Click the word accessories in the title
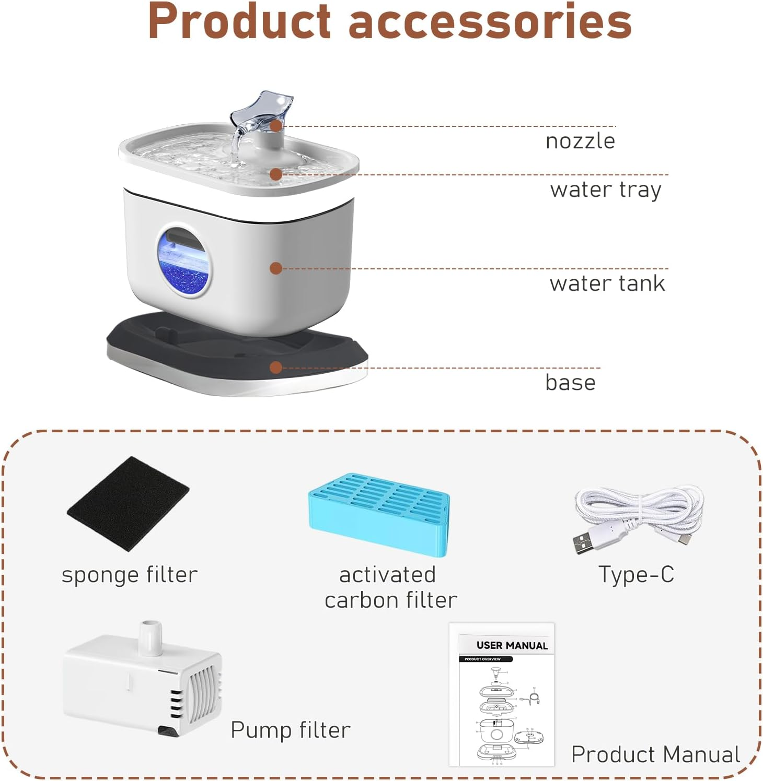pyautogui.click(x=490, y=22)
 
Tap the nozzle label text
pyautogui.click(x=580, y=141)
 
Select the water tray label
pyautogui.click(x=606, y=190)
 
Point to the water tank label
pyautogui.click(x=607, y=283)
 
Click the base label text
pyautogui.click(x=570, y=383)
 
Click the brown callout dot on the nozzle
pyautogui.click(x=276, y=126)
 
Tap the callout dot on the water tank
pyautogui.click(x=276, y=268)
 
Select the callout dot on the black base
pyautogui.click(x=276, y=368)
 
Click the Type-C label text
pyautogui.click(x=636, y=574)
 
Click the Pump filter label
pyautogui.click(x=290, y=730)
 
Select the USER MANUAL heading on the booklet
pyautogui.click(x=512, y=645)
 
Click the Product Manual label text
pyautogui.click(x=655, y=754)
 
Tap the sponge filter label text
pyautogui.click(x=130, y=575)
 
